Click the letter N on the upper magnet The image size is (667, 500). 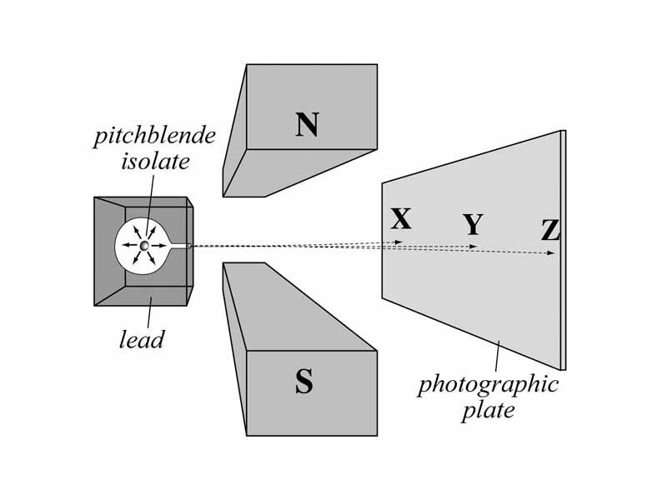[x=307, y=125]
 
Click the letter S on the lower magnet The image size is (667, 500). [x=304, y=382]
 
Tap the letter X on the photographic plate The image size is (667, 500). [x=401, y=219]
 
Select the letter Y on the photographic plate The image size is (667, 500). [x=473, y=226]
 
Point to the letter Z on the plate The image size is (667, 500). [x=550, y=231]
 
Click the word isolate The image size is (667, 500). [x=155, y=162]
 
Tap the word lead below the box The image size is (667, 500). [x=142, y=339]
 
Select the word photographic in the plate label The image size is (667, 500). [x=488, y=385]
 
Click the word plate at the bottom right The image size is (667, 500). [x=488, y=411]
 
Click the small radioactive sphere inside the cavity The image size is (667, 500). [x=144, y=246]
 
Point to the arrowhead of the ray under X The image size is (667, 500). [x=399, y=242]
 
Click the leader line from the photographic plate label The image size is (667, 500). [x=497, y=356]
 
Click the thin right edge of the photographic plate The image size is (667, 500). [x=563, y=250]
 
